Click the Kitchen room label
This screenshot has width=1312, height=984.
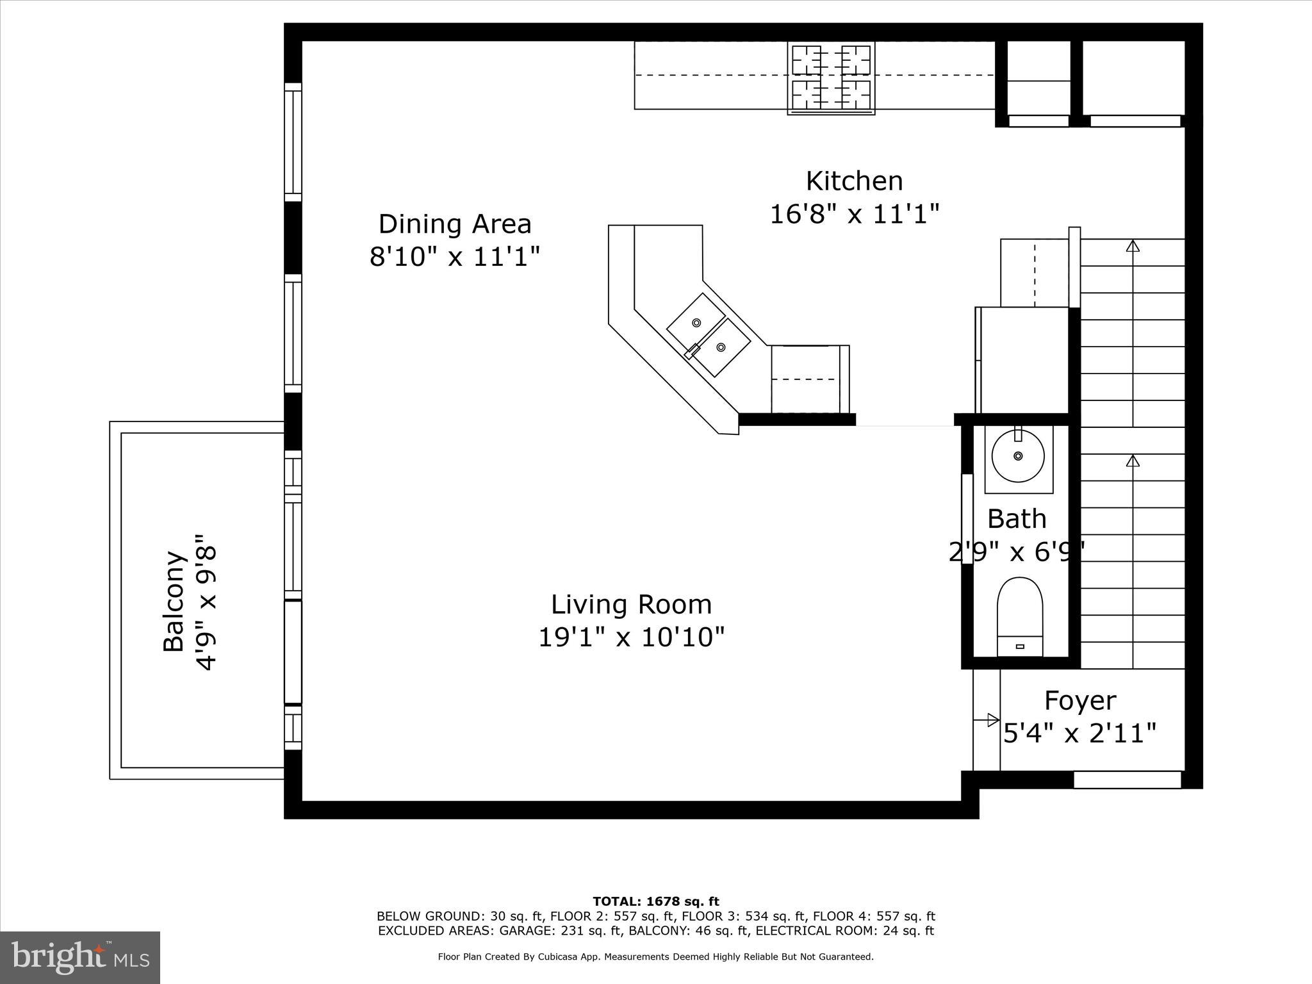point(854,181)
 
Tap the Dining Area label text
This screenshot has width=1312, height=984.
point(455,224)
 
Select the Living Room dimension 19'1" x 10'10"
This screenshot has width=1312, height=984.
point(631,637)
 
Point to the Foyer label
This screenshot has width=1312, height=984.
point(1080,700)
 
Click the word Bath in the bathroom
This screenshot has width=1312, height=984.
point(1017,519)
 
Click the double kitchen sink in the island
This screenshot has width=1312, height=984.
point(709,334)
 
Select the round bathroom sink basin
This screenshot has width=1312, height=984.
point(1018,455)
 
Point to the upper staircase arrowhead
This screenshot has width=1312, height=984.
point(1133,246)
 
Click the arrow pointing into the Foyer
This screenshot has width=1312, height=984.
point(992,719)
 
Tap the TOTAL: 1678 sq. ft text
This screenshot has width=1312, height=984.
point(655,902)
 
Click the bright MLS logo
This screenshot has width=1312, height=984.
point(80,958)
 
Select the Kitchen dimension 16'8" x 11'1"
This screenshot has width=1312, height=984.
point(854,214)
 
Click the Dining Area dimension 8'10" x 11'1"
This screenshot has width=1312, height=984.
point(455,257)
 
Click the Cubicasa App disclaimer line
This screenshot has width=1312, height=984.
point(655,956)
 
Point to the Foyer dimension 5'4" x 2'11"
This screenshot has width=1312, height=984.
point(1080,733)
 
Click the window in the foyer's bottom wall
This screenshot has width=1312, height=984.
point(1127,780)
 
